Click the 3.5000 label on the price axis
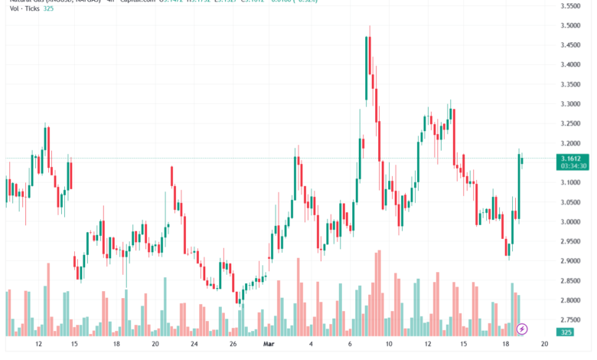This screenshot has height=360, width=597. pos(569,25)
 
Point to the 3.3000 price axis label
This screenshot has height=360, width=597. pos(569,104)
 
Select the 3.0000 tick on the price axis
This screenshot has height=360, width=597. pos(569,222)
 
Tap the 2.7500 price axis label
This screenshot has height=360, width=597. pos(569,320)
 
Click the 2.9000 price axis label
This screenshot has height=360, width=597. pos(569,261)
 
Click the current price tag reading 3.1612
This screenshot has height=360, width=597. pos(569,159)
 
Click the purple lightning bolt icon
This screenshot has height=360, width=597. pos(523,329)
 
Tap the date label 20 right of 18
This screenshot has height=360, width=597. pos(543,345)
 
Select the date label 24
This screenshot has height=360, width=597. pos(194,345)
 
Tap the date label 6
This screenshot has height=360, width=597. pos(350,345)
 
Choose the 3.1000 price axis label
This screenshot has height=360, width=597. pos(569,182)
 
